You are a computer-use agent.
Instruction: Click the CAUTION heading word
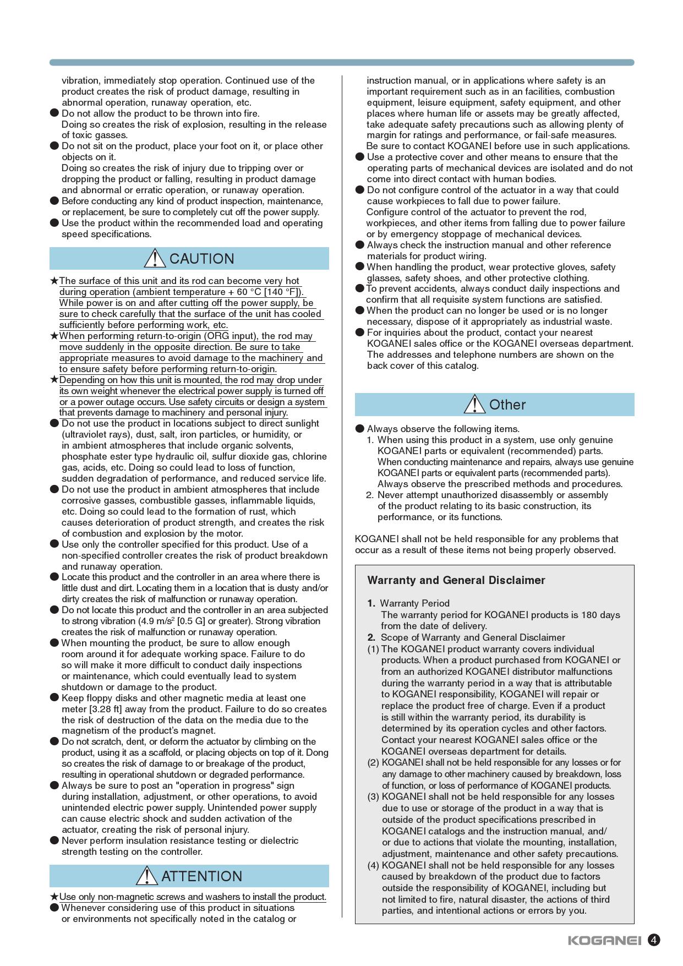click(201, 259)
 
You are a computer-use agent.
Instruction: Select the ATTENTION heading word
click(201, 876)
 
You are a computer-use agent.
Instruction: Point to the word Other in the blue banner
click(507, 405)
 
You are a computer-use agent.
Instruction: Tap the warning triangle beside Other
click(474, 404)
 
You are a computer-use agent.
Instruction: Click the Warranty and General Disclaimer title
click(456, 580)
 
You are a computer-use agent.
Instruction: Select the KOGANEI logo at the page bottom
click(604, 940)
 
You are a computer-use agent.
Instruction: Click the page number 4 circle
click(653, 940)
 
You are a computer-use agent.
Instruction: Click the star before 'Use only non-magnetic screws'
click(54, 897)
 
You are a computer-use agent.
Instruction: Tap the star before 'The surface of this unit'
click(54, 281)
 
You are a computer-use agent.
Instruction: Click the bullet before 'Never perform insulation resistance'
click(54, 841)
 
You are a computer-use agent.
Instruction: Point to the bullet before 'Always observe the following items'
click(360, 429)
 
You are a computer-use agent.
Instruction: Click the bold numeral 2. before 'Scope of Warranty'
click(371, 637)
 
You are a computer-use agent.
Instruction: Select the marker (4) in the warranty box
click(374, 865)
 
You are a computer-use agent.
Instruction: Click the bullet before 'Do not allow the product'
click(54, 113)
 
